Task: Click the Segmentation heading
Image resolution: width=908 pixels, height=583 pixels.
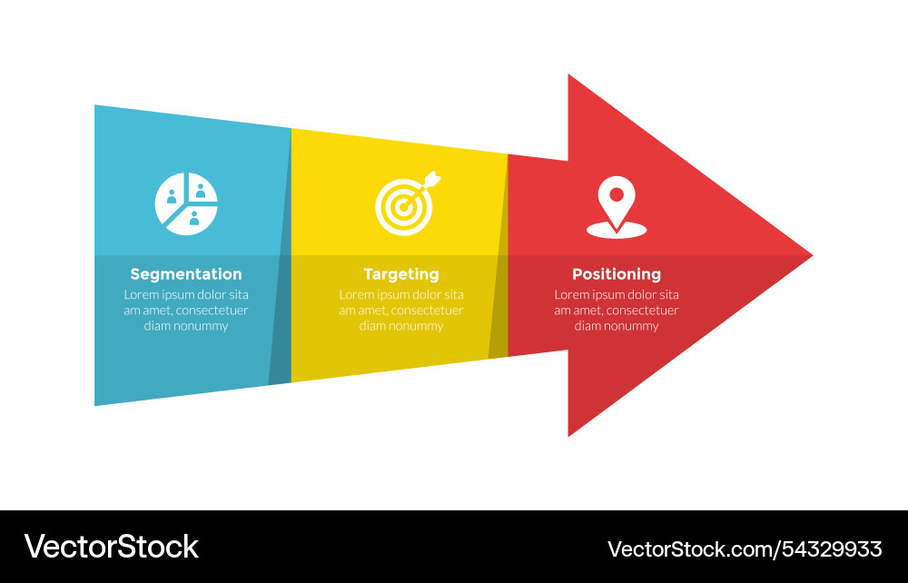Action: (186, 274)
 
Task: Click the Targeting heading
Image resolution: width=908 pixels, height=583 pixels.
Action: (401, 274)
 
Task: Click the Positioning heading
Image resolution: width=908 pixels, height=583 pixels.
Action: (617, 274)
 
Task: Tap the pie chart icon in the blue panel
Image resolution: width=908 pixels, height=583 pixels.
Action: (186, 204)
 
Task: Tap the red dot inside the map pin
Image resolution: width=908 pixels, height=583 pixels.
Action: (617, 193)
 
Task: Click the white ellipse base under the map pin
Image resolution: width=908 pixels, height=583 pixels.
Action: (617, 230)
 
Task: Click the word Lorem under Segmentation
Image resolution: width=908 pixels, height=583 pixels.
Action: (142, 295)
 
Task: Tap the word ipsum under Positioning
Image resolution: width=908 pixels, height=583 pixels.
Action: (609, 295)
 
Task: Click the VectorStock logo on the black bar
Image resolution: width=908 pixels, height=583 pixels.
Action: (111, 547)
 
